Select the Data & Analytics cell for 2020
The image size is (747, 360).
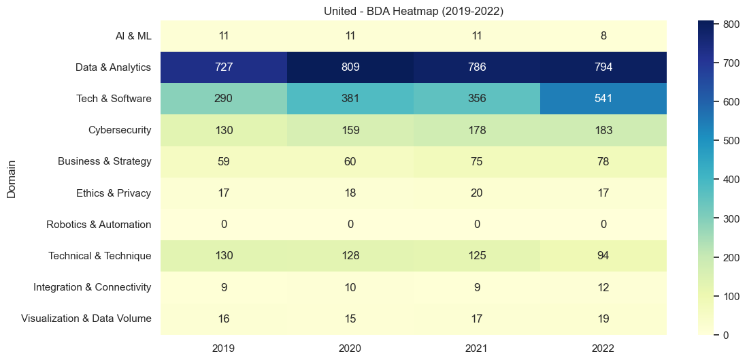click(x=350, y=67)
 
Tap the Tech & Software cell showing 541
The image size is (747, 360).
click(x=603, y=99)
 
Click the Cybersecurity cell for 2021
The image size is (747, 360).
click(x=476, y=130)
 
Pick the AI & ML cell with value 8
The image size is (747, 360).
click(x=603, y=36)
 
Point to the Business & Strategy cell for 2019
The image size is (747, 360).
click(x=224, y=161)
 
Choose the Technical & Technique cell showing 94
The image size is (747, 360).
click(x=603, y=256)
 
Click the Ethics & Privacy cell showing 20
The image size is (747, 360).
click(x=476, y=193)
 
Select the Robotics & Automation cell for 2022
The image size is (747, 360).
click(x=603, y=225)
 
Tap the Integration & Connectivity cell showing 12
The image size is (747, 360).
click(x=603, y=287)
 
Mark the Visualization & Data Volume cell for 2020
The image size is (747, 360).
click(x=350, y=318)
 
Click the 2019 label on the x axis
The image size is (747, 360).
click(x=224, y=348)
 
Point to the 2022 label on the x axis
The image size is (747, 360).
click(x=603, y=348)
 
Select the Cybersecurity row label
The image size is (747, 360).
click(x=120, y=130)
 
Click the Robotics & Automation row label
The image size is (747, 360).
click(x=99, y=225)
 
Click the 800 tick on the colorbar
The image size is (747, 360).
click(x=722, y=24)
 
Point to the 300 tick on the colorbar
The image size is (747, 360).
click(x=722, y=218)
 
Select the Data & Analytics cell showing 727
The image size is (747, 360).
click(x=224, y=67)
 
